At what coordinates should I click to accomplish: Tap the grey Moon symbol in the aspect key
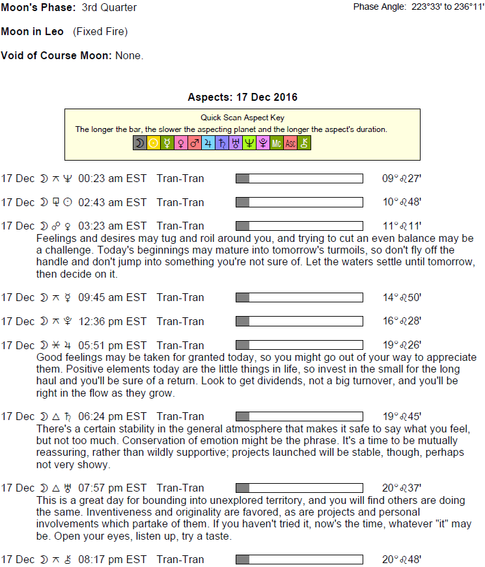[x=139, y=144]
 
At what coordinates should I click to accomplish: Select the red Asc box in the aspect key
[x=290, y=144]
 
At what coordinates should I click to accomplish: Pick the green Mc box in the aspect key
[x=277, y=144]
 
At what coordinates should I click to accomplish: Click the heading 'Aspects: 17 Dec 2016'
[x=242, y=98]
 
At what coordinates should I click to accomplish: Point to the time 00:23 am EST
[x=113, y=178]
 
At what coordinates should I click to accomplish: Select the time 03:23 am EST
[x=113, y=226]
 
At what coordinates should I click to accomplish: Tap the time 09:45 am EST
[x=113, y=298]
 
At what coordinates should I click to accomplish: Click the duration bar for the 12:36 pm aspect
[x=299, y=321]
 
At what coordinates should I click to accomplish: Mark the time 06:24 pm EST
[x=113, y=417]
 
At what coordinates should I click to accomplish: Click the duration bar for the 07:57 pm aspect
[x=299, y=488]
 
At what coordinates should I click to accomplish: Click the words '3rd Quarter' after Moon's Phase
[x=109, y=8]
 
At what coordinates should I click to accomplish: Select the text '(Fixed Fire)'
[x=100, y=31]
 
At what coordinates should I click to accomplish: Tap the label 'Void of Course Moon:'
[x=57, y=55]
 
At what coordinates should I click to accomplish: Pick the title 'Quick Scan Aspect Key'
[x=242, y=118]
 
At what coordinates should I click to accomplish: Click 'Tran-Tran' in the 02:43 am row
[x=180, y=202]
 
